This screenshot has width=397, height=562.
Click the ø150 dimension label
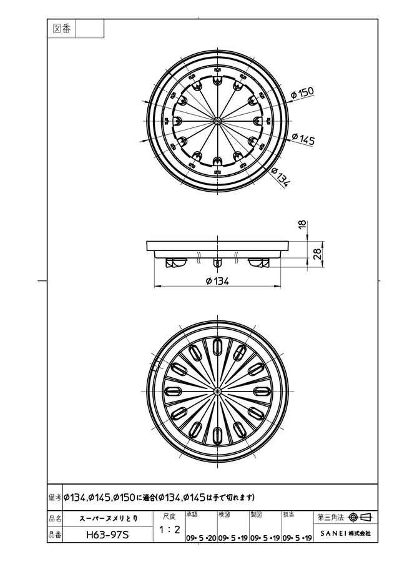[302, 93]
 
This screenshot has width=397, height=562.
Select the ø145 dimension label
[303, 139]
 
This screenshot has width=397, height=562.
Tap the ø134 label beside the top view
[280, 176]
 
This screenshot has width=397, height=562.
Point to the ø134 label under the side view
[217, 281]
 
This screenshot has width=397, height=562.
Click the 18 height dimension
[303, 224]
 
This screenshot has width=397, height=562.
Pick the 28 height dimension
[317, 254]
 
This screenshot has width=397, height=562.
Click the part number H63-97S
[107, 535]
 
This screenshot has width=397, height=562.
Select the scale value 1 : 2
[170, 529]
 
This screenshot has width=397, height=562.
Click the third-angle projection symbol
[360, 517]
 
